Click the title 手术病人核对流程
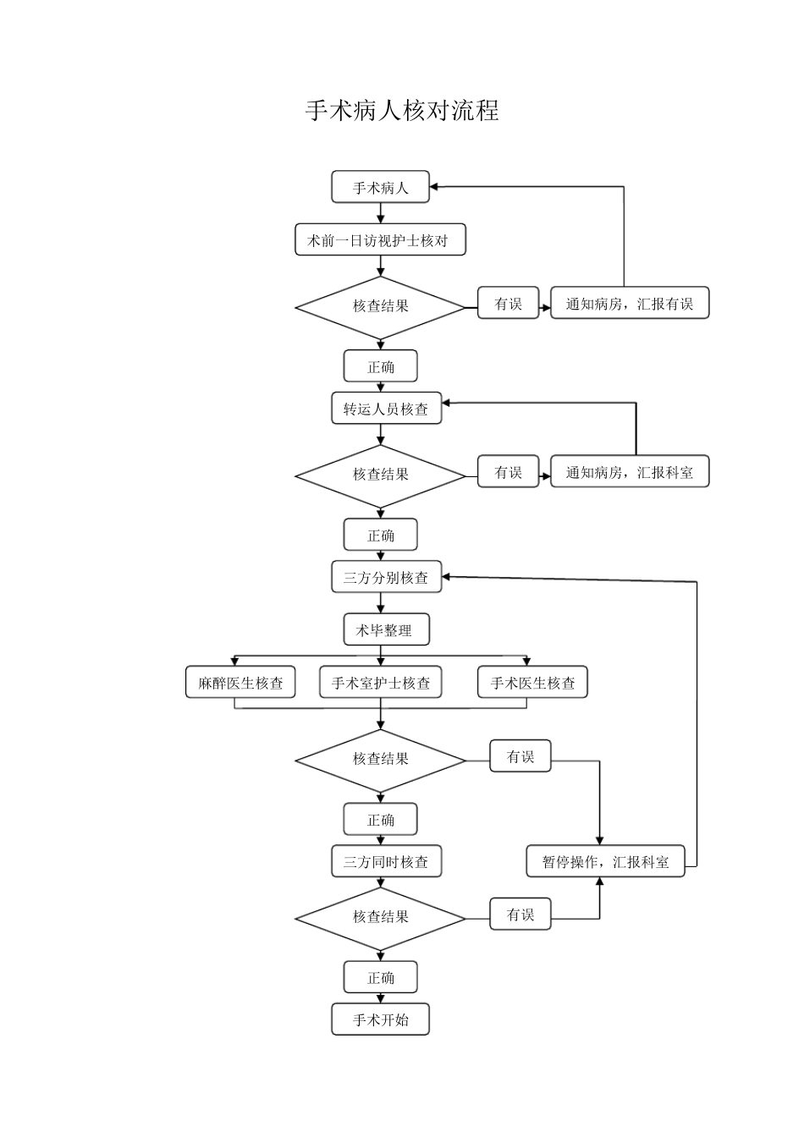click(402, 111)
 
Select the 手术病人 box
click(380, 187)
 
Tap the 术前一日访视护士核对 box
click(380, 240)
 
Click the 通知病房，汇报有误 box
click(629, 304)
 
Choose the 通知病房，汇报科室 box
click(629, 472)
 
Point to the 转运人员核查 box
click(386, 409)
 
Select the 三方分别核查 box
click(386, 578)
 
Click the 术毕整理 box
click(386, 630)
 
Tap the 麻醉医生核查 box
click(240, 683)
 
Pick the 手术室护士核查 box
click(380, 683)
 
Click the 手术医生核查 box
click(532, 683)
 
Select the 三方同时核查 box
click(386, 862)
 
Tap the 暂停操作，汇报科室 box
click(605, 862)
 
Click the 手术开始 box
click(380, 1019)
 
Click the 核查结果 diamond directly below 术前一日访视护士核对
click(380, 306)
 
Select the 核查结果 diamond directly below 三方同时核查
click(380, 917)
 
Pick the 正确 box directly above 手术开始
click(380, 977)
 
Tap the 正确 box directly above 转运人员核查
click(380, 366)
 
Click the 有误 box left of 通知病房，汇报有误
click(508, 304)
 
